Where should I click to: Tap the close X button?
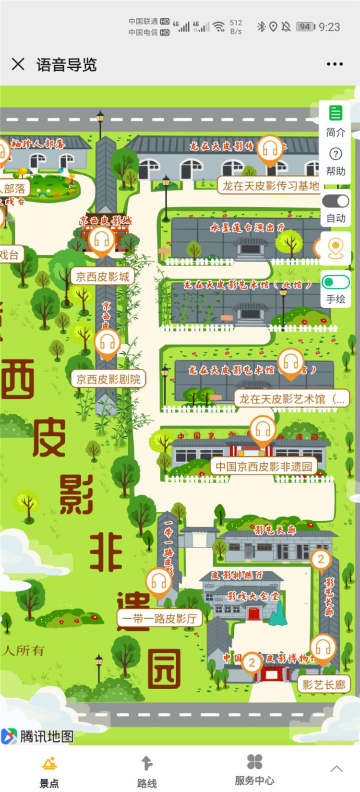click(x=18, y=64)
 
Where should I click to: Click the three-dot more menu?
click(x=335, y=64)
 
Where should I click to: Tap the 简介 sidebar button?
click(x=336, y=121)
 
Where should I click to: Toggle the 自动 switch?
click(x=336, y=201)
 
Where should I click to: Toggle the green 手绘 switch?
click(x=336, y=282)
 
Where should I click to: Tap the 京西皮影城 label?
click(x=103, y=276)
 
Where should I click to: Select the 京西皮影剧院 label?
click(x=108, y=379)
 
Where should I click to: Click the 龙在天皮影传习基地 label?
click(x=270, y=186)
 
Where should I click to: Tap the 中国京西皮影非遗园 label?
click(x=264, y=466)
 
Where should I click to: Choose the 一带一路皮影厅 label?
click(x=159, y=618)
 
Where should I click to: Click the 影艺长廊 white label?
click(x=324, y=684)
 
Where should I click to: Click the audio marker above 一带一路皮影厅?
click(x=159, y=582)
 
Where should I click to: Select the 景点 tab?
click(x=49, y=771)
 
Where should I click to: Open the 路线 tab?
click(x=147, y=771)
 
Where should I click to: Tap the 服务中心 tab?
click(x=254, y=770)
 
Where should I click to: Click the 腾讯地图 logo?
click(x=37, y=736)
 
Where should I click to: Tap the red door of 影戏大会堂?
click(x=254, y=613)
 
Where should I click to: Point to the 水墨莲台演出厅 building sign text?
click(x=247, y=227)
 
